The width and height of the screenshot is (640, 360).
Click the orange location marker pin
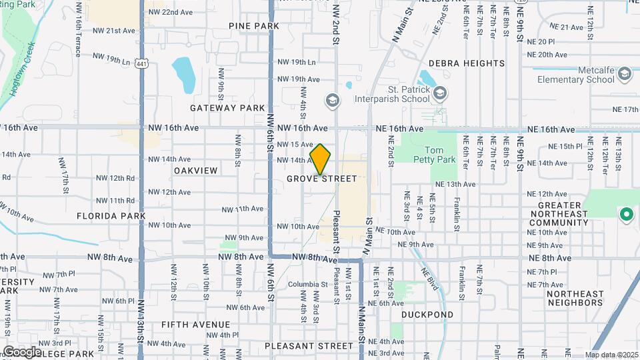(x=320, y=159)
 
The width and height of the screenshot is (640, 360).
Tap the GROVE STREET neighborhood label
(x=322, y=179)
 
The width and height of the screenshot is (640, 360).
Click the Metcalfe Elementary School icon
(x=625, y=73)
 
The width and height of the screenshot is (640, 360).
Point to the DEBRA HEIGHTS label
(x=467, y=63)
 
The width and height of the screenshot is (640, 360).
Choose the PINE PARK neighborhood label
(x=253, y=26)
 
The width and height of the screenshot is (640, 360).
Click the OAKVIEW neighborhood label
(x=195, y=171)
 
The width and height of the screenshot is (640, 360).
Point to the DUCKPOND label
(x=427, y=315)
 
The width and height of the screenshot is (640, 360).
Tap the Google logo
(x=22, y=351)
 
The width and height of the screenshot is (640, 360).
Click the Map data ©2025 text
(x=611, y=355)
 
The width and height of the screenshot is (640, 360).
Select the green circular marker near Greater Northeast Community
(x=626, y=215)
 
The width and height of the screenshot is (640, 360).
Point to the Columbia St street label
(x=308, y=285)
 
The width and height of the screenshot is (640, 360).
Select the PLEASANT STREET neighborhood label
(x=309, y=346)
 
